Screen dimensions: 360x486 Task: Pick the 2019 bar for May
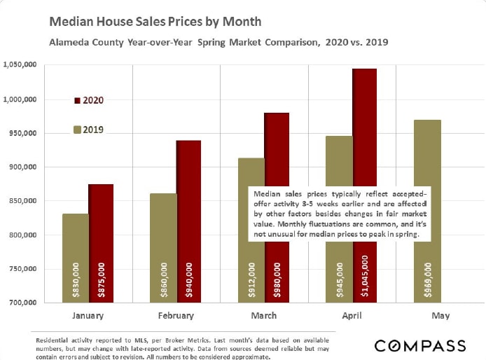(x=427, y=211)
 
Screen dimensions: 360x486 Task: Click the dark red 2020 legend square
(x=77, y=101)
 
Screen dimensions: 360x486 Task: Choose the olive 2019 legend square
(x=77, y=130)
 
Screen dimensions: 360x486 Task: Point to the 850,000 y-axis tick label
(x=22, y=201)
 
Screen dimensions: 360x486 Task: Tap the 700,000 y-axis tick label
(x=22, y=303)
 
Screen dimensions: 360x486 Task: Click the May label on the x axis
(x=440, y=316)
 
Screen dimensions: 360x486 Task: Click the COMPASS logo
(x=420, y=345)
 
